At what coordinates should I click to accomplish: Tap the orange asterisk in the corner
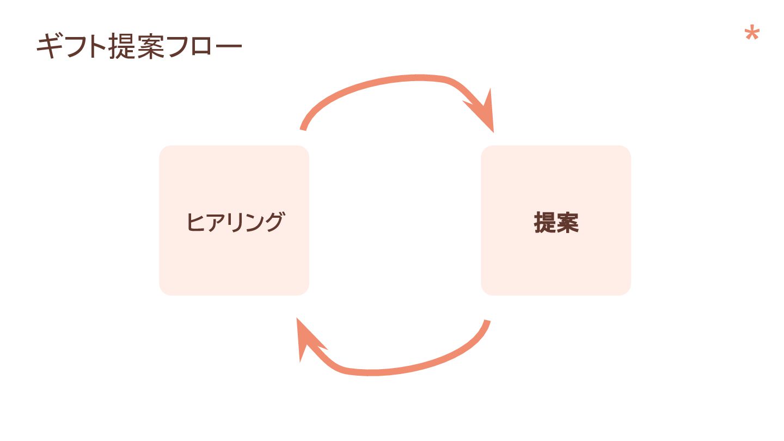pyautogui.click(x=751, y=35)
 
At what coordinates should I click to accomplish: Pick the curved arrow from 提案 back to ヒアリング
pyautogui.click(x=414, y=366)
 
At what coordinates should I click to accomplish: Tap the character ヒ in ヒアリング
pyautogui.click(x=195, y=223)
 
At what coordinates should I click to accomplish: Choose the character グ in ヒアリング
pyautogui.click(x=273, y=223)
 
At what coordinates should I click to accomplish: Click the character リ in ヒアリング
pyautogui.click(x=235, y=223)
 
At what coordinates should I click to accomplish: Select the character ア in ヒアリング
pyautogui.click(x=215, y=223)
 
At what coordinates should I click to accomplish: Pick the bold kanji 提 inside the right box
pyautogui.click(x=544, y=223)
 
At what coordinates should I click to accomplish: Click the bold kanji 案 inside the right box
pyautogui.click(x=567, y=223)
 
